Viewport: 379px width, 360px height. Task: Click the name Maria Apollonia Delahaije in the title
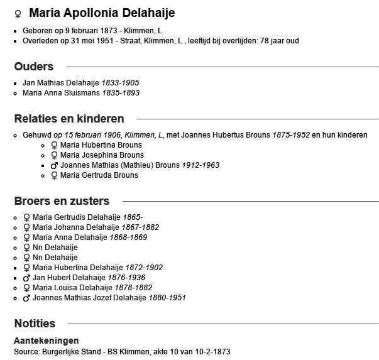tap(102, 13)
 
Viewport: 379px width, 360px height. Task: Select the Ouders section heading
tap(34, 67)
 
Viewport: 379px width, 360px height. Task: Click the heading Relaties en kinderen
tap(69, 119)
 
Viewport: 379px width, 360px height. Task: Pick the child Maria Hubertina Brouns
tap(101, 145)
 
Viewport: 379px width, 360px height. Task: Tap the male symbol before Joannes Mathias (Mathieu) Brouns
tap(63, 165)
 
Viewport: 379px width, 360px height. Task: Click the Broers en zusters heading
tap(62, 201)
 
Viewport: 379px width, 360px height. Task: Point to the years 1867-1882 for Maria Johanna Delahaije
tap(141, 227)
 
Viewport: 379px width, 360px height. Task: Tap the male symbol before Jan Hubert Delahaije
tap(26, 278)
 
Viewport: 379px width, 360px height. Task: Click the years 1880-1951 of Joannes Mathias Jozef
tap(167, 298)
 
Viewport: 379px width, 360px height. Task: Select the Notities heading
tap(35, 324)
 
